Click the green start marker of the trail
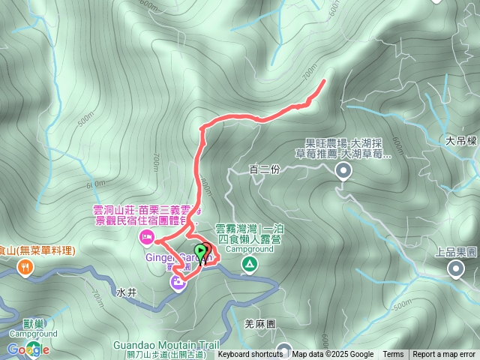pyautogui.click(x=200, y=250)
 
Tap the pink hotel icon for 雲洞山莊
pyautogui.click(x=146, y=238)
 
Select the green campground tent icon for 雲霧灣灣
pyautogui.click(x=248, y=263)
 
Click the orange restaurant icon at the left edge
pyautogui.click(x=25, y=267)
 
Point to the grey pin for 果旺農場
pyautogui.click(x=343, y=172)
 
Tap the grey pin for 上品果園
pyautogui.click(x=455, y=268)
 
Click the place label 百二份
pyautogui.click(x=264, y=170)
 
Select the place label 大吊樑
pyautogui.click(x=460, y=140)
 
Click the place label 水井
pyautogui.click(x=127, y=290)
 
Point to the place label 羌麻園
pyautogui.click(x=260, y=324)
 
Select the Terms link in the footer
pyautogui.click(x=393, y=355)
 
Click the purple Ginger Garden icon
pyautogui.click(x=178, y=282)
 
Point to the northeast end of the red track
pyautogui.click(x=323, y=80)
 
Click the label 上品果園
pyautogui.click(x=455, y=253)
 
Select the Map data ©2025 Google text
pyautogui.click(x=333, y=355)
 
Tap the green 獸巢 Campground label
pyautogui.click(x=34, y=328)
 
